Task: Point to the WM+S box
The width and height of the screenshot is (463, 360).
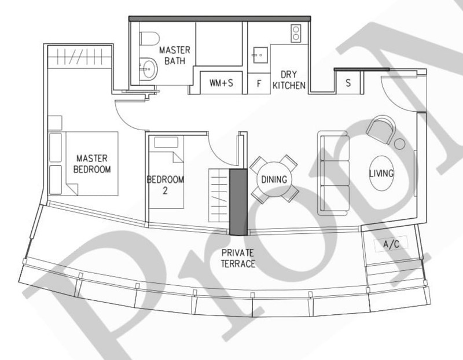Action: pos(221,83)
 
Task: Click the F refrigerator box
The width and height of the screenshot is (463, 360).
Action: pos(259,83)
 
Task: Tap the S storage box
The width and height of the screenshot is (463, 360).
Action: pos(348,82)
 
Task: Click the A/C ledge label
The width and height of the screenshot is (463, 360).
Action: pos(391,245)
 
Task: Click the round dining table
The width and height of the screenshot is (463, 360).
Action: pos(274,179)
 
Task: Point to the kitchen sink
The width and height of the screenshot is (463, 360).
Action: pos(259,56)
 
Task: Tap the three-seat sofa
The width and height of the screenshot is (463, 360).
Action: pos(333,172)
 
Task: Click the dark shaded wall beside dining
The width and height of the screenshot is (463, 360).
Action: pos(237,202)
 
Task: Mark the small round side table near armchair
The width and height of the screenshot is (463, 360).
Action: pos(399,142)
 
